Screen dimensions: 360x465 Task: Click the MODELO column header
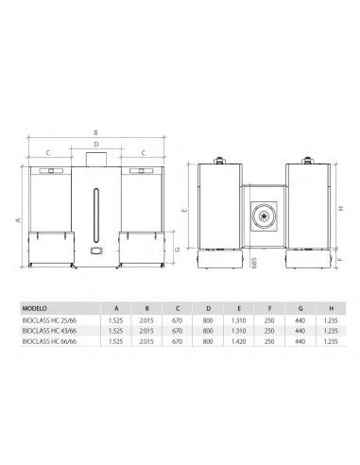coord(34,308)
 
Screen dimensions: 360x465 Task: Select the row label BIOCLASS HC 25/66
coord(49,320)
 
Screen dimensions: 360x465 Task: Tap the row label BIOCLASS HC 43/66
coord(49,331)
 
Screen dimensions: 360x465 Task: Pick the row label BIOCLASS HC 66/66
coord(49,341)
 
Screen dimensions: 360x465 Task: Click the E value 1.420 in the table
coord(238,341)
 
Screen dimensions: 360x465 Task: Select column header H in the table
coord(331,308)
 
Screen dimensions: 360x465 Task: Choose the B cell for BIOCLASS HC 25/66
coord(146,320)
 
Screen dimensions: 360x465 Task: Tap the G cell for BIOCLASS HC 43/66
coord(300,331)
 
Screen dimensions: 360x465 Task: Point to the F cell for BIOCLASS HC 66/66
coord(269,341)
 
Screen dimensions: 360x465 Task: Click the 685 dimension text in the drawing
coord(254,263)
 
